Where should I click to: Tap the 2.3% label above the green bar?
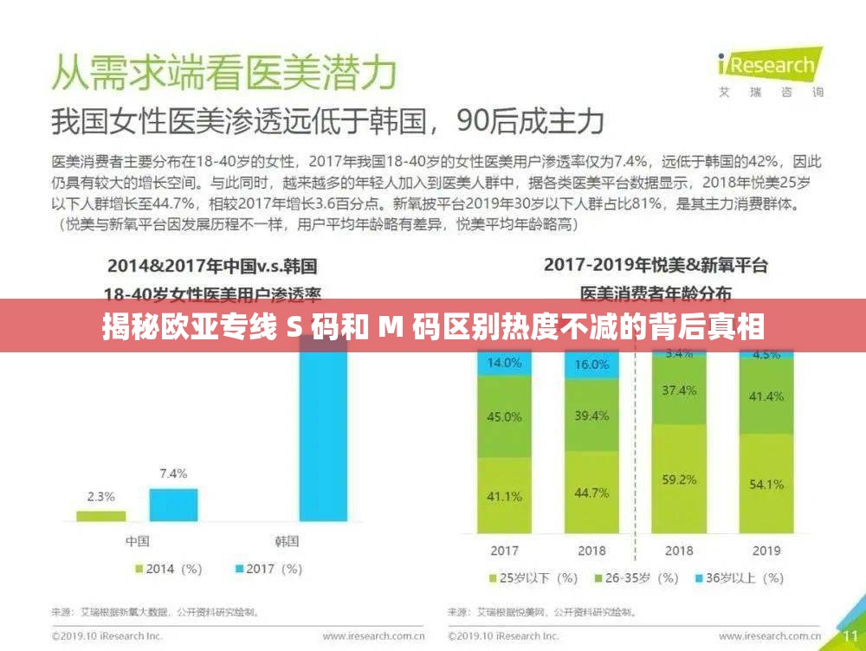(x=100, y=498)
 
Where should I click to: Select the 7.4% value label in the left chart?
(x=172, y=474)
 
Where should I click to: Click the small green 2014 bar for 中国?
(x=100, y=515)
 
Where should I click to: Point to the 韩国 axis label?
(x=287, y=541)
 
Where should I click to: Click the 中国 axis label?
(x=137, y=541)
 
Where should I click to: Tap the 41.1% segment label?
(x=505, y=496)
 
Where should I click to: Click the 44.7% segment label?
(x=591, y=492)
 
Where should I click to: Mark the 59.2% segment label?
(x=680, y=478)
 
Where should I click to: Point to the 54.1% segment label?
(x=766, y=484)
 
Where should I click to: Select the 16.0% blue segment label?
(x=591, y=364)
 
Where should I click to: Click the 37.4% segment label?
(x=680, y=390)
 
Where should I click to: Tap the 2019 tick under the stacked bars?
(x=766, y=551)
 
